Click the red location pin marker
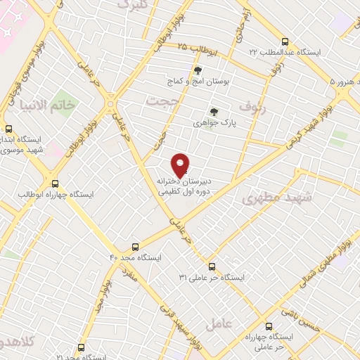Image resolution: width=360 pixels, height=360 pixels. coord(181,165)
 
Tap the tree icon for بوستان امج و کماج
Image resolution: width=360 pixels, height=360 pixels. coord(198,70)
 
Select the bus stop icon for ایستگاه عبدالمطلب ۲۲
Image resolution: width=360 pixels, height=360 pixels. coord(284,41)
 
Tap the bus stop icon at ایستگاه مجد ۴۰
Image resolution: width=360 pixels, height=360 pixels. coord(136,247)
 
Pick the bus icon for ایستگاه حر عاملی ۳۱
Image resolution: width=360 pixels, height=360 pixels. coord(212,266)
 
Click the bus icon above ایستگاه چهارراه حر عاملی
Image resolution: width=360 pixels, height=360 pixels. coord(269,326)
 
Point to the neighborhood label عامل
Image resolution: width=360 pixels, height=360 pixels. coord(218,325)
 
